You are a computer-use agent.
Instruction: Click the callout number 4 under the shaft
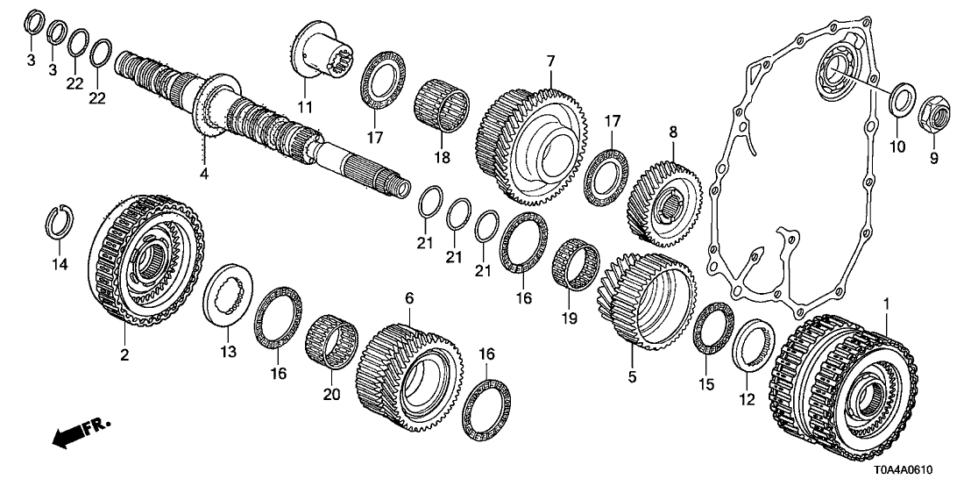click(x=203, y=175)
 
